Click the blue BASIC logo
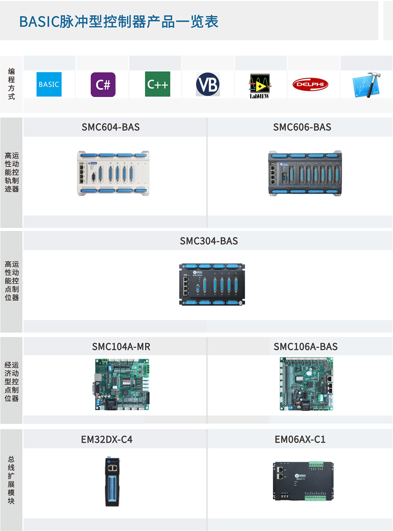tap(49, 84)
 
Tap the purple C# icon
tap(103, 85)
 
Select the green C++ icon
tap(158, 84)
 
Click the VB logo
tap(208, 84)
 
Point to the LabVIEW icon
tap(259, 85)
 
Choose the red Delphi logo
tap(310, 84)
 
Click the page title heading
tap(119, 22)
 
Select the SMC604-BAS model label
tap(111, 127)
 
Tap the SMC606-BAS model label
tap(302, 127)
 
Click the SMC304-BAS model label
tap(209, 241)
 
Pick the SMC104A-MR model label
tap(121, 346)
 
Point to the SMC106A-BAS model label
tap(306, 346)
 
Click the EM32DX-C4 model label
tap(107, 439)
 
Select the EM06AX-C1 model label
tap(300, 439)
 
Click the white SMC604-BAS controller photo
tap(113, 173)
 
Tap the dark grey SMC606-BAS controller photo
tap(305, 173)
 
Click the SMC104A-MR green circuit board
tap(122, 385)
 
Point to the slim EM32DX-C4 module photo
tap(113, 482)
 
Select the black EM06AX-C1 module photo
tap(303, 481)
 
